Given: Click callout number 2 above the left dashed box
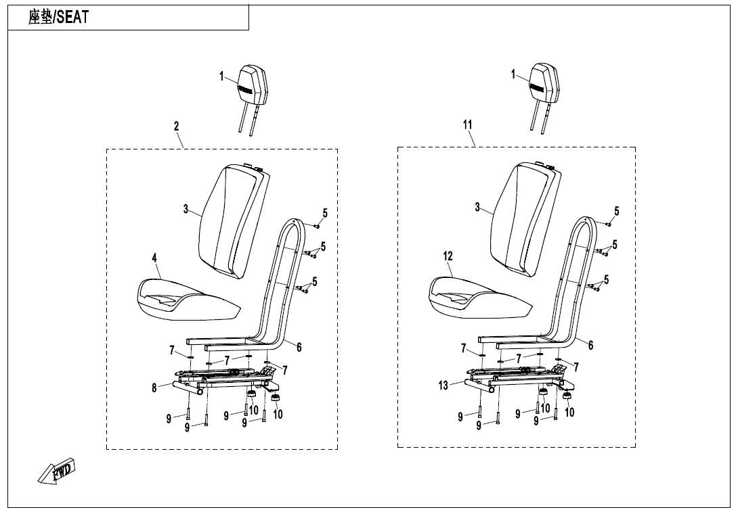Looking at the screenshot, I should point(176,126).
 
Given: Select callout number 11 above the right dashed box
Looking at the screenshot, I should point(467,124).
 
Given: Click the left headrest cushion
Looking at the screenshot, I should point(253,85).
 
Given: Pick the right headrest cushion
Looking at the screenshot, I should point(545,84).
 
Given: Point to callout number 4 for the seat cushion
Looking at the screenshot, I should point(154,258).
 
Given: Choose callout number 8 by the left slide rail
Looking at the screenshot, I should point(154,388).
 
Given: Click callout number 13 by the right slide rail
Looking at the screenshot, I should point(443,385).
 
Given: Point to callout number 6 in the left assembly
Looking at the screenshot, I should point(299,347).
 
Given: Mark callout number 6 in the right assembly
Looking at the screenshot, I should point(590,345).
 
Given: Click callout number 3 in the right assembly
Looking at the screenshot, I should point(477,207).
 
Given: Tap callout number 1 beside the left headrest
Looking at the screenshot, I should point(221,76).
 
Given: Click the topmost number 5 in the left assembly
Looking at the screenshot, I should point(325,213).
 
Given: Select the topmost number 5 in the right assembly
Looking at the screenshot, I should point(616,211).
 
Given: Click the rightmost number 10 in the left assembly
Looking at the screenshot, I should point(278,414).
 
